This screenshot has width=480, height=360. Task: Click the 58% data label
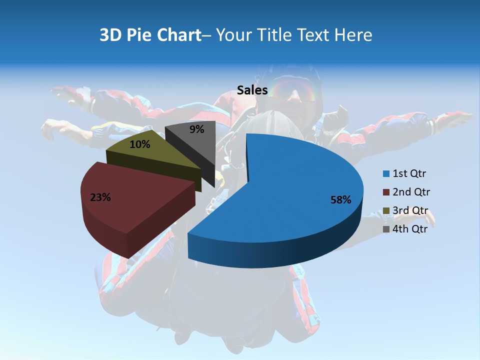341,200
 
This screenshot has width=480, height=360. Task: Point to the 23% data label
100,197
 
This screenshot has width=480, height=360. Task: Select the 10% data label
139,144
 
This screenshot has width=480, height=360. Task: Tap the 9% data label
197,129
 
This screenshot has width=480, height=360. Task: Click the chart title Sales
252,90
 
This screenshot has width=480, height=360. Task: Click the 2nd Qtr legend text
411,192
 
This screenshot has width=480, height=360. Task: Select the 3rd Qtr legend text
411,210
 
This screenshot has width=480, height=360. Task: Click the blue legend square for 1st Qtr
385,174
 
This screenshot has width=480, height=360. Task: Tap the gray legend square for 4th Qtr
385,229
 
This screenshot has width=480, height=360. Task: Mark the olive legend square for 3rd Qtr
385,211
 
